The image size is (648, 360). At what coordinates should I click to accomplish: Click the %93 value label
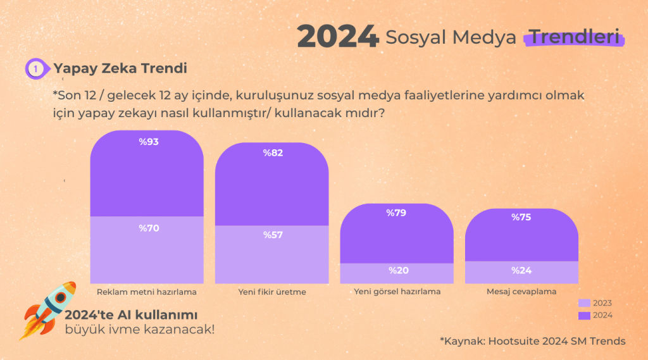149,142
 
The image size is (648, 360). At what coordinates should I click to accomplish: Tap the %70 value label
149,228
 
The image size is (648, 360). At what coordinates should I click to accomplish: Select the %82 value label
273,153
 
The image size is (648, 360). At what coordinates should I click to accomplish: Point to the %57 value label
273,235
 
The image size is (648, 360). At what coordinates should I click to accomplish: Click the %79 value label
396,213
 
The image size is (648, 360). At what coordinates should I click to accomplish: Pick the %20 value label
399,270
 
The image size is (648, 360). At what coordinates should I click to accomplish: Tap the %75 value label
521,217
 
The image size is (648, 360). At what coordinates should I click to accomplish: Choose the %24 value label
521,270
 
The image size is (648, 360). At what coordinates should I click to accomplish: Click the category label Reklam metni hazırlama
147,292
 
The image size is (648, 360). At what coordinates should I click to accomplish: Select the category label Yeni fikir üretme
272,292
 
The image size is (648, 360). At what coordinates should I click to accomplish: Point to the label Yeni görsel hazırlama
397,292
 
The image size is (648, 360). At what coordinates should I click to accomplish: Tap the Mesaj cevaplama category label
521,292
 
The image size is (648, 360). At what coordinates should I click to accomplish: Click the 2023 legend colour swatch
584,303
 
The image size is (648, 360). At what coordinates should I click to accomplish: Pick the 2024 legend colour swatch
584,315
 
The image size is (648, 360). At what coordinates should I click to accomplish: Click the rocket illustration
47,310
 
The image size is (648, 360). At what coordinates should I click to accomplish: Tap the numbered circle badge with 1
36,68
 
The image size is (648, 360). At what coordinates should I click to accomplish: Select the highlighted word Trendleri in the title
575,37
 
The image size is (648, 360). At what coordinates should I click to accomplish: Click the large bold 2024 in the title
338,36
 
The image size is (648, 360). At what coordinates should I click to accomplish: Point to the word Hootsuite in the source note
513,341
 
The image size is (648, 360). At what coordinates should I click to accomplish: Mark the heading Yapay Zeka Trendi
120,68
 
